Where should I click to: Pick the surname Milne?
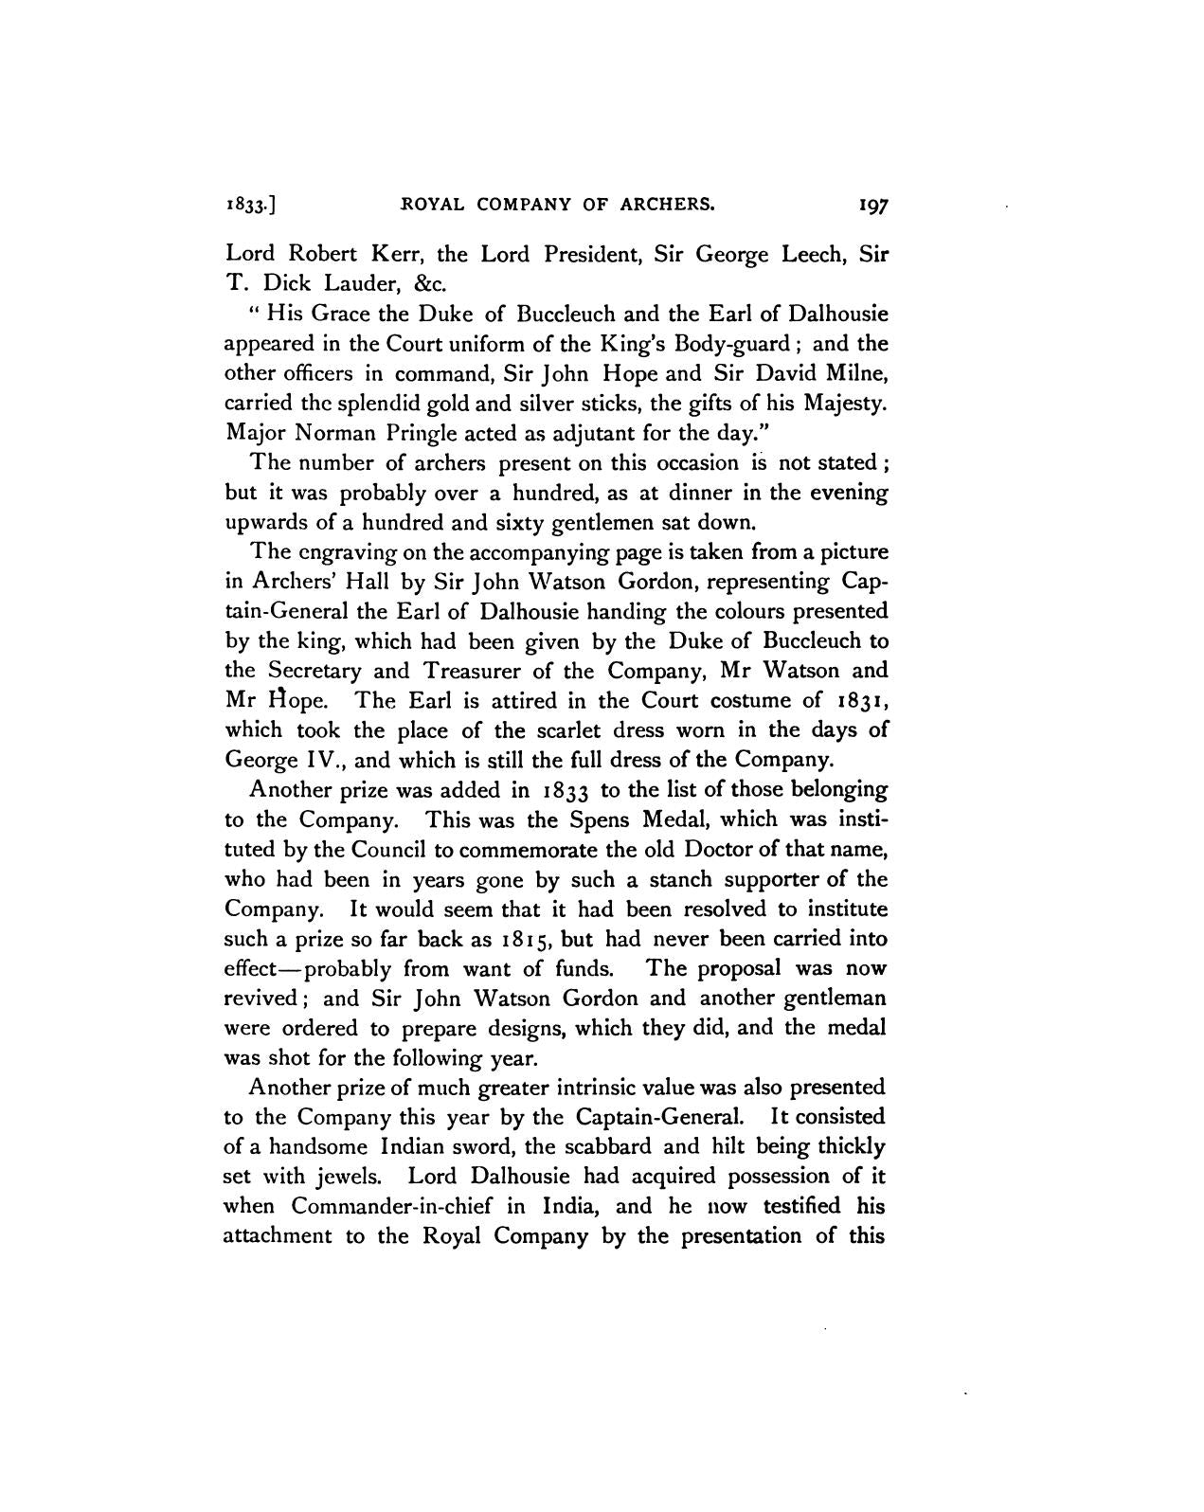click(x=855, y=373)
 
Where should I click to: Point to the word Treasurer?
click(x=469, y=671)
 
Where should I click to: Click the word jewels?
click(x=347, y=1177)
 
